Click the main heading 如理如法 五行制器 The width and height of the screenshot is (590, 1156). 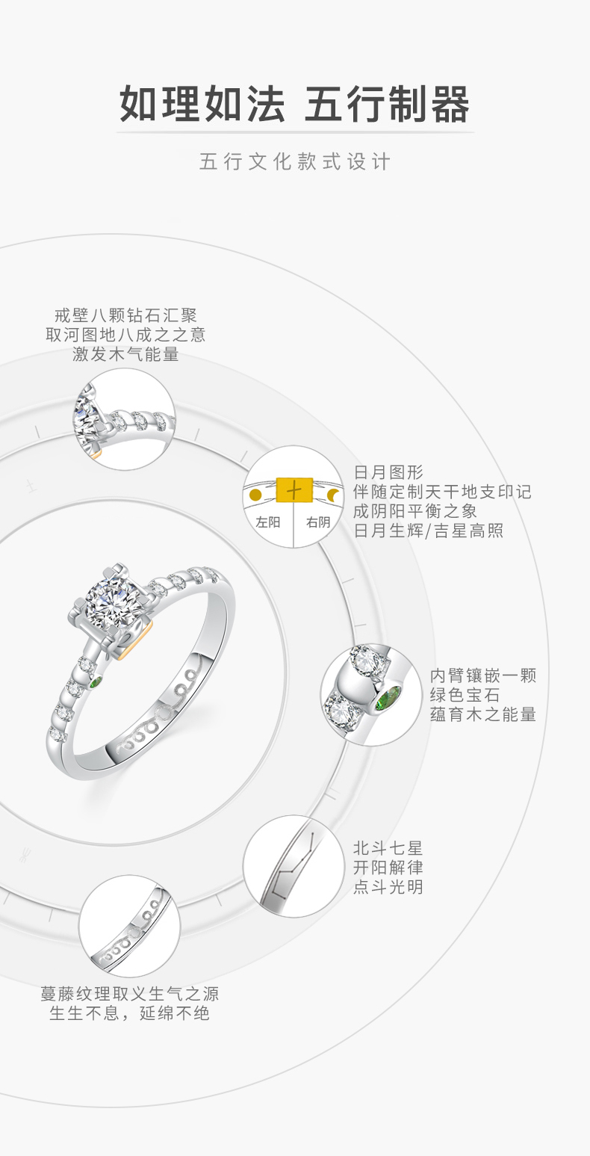pyautogui.click(x=294, y=104)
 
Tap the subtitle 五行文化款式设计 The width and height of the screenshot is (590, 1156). pyautogui.click(x=294, y=162)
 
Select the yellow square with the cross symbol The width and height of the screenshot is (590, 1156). pyautogui.click(x=294, y=489)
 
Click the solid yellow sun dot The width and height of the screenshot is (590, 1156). pyautogui.click(x=256, y=495)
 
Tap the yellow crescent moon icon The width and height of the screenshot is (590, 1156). pyautogui.click(x=333, y=495)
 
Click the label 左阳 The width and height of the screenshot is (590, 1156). pyautogui.click(x=267, y=522)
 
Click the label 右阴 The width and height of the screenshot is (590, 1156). pyautogui.click(x=318, y=522)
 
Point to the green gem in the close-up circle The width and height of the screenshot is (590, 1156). pyautogui.click(x=388, y=698)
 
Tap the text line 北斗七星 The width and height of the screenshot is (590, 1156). pyautogui.click(x=388, y=848)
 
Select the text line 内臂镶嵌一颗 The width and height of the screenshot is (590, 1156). pyautogui.click(x=483, y=675)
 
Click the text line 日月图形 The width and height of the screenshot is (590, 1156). pyautogui.click(x=388, y=472)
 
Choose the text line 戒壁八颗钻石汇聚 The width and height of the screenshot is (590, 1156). pyautogui.click(x=125, y=315)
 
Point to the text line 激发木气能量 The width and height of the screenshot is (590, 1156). pyautogui.click(x=125, y=354)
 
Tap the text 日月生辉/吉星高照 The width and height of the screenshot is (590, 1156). pyautogui.click(x=429, y=531)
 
